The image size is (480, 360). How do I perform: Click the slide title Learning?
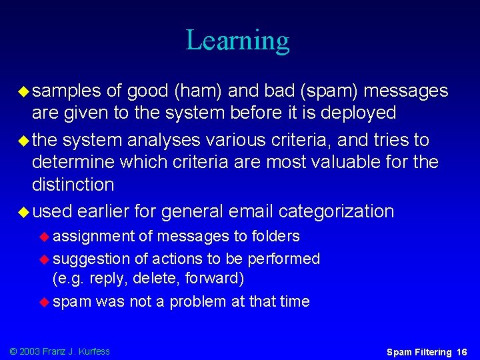pyautogui.click(x=237, y=40)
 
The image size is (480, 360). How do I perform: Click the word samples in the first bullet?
pyautogui.click(x=67, y=91)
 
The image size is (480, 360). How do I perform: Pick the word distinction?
pyautogui.click(x=73, y=184)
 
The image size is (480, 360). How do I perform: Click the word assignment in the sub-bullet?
pyautogui.click(x=93, y=236)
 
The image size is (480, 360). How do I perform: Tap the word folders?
pyautogui.click(x=275, y=236)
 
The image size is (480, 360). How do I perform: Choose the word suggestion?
pyautogui.click(x=92, y=259)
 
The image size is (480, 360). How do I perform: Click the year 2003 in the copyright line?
pyautogui.click(x=30, y=351)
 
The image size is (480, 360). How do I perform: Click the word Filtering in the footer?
pyautogui.click(x=431, y=351)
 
